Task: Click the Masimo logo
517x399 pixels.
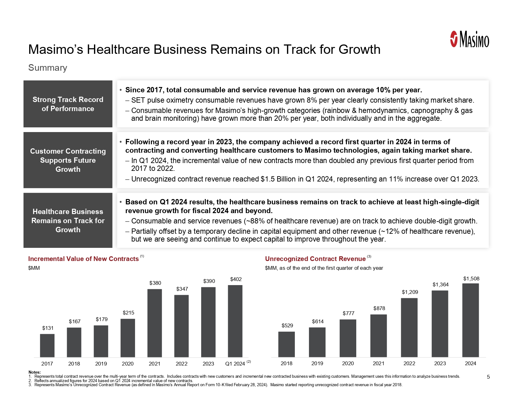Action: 469,39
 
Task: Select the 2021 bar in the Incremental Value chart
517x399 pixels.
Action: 154,323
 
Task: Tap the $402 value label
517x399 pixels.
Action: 236,279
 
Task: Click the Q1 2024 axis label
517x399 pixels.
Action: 235,364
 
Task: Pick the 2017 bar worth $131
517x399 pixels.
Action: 47,345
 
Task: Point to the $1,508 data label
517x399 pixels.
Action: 471,279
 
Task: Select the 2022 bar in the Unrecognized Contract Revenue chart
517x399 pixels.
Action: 409,327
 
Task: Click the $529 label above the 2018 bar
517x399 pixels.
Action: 287,325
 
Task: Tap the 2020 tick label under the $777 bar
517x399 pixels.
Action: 348,363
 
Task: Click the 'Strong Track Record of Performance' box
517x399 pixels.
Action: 68,104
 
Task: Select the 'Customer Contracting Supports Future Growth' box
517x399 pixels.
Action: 68,160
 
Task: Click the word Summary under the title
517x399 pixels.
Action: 48,68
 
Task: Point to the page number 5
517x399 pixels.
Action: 488,377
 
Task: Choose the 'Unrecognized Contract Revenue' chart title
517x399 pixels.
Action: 315,259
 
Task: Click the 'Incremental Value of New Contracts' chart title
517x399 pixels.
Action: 83,259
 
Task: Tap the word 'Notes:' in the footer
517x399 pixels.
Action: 34,372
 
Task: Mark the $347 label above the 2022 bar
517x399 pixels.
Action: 182,289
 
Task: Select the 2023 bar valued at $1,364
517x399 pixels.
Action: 440,324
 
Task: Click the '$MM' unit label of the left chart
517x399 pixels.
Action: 34,268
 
